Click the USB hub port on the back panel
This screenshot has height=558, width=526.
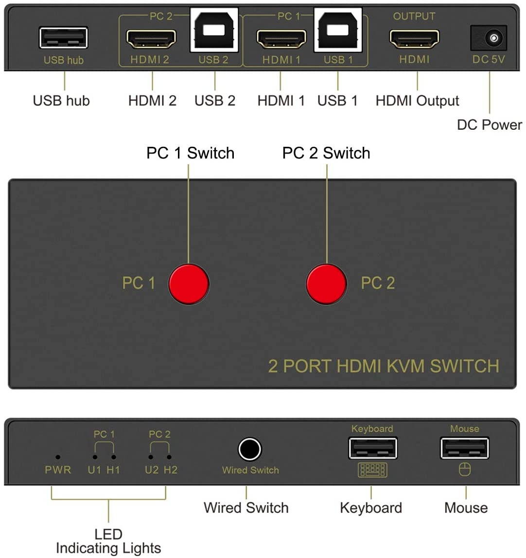coord(63,38)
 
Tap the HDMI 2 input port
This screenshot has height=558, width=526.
coord(151,39)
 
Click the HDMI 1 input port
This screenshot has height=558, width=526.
coord(281,39)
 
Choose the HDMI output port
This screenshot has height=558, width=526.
coord(414,39)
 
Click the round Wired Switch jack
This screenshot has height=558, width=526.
coord(249,449)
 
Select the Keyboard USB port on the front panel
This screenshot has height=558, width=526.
coord(372,448)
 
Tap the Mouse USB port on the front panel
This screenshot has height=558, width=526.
coord(464,448)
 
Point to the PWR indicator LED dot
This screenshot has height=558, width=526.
coord(58,457)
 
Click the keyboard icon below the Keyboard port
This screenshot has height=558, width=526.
coord(372,470)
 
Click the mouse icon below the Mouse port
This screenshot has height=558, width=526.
coord(464,470)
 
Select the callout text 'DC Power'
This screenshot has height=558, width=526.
coord(490,125)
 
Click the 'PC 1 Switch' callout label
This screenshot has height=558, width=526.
coord(191,153)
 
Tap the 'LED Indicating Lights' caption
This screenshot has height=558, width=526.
coord(108,541)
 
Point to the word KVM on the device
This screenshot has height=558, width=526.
coord(405,366)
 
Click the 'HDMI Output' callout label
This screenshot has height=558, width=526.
coord(418,101)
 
